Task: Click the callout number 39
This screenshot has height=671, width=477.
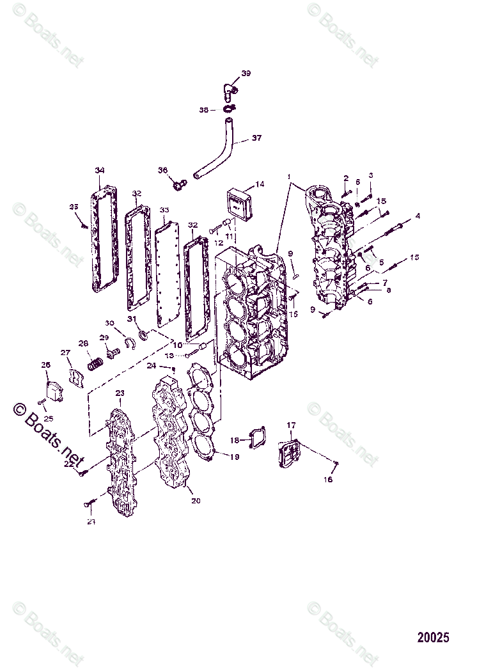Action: pyautogui.click(x=246, y=73)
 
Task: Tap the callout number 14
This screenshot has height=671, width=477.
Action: pyautogui.click(x=260, y=184)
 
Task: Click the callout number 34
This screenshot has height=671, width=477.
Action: pyautogui.click(x=99, y=170)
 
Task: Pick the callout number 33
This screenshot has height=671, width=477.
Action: pyautogui.click(x=164, y=210)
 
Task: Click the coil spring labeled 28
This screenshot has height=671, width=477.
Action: pyautogui.click(x=95, y=365)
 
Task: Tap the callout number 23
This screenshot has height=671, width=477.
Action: pyautogui.click(x=120, y=392)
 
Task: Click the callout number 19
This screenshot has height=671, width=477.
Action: pyautogui.click(x=235, y=457)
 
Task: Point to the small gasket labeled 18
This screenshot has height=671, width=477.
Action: pyautogui.click(x=257, y=438)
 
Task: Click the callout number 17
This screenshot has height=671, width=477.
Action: pyautogui.click(x=291, y=425)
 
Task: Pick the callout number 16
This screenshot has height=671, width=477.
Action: pyautogui.click(x=328, y=479)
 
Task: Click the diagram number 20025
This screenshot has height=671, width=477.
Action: pyautogui.click(x=434, y=637)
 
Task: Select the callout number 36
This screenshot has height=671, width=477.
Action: pyautogui.click(x=162, y=170)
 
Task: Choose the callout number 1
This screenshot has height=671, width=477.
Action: pyautogui.click(x=289, y=176)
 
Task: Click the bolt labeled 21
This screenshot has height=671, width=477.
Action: pyautogui.click(x=88, y=505)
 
